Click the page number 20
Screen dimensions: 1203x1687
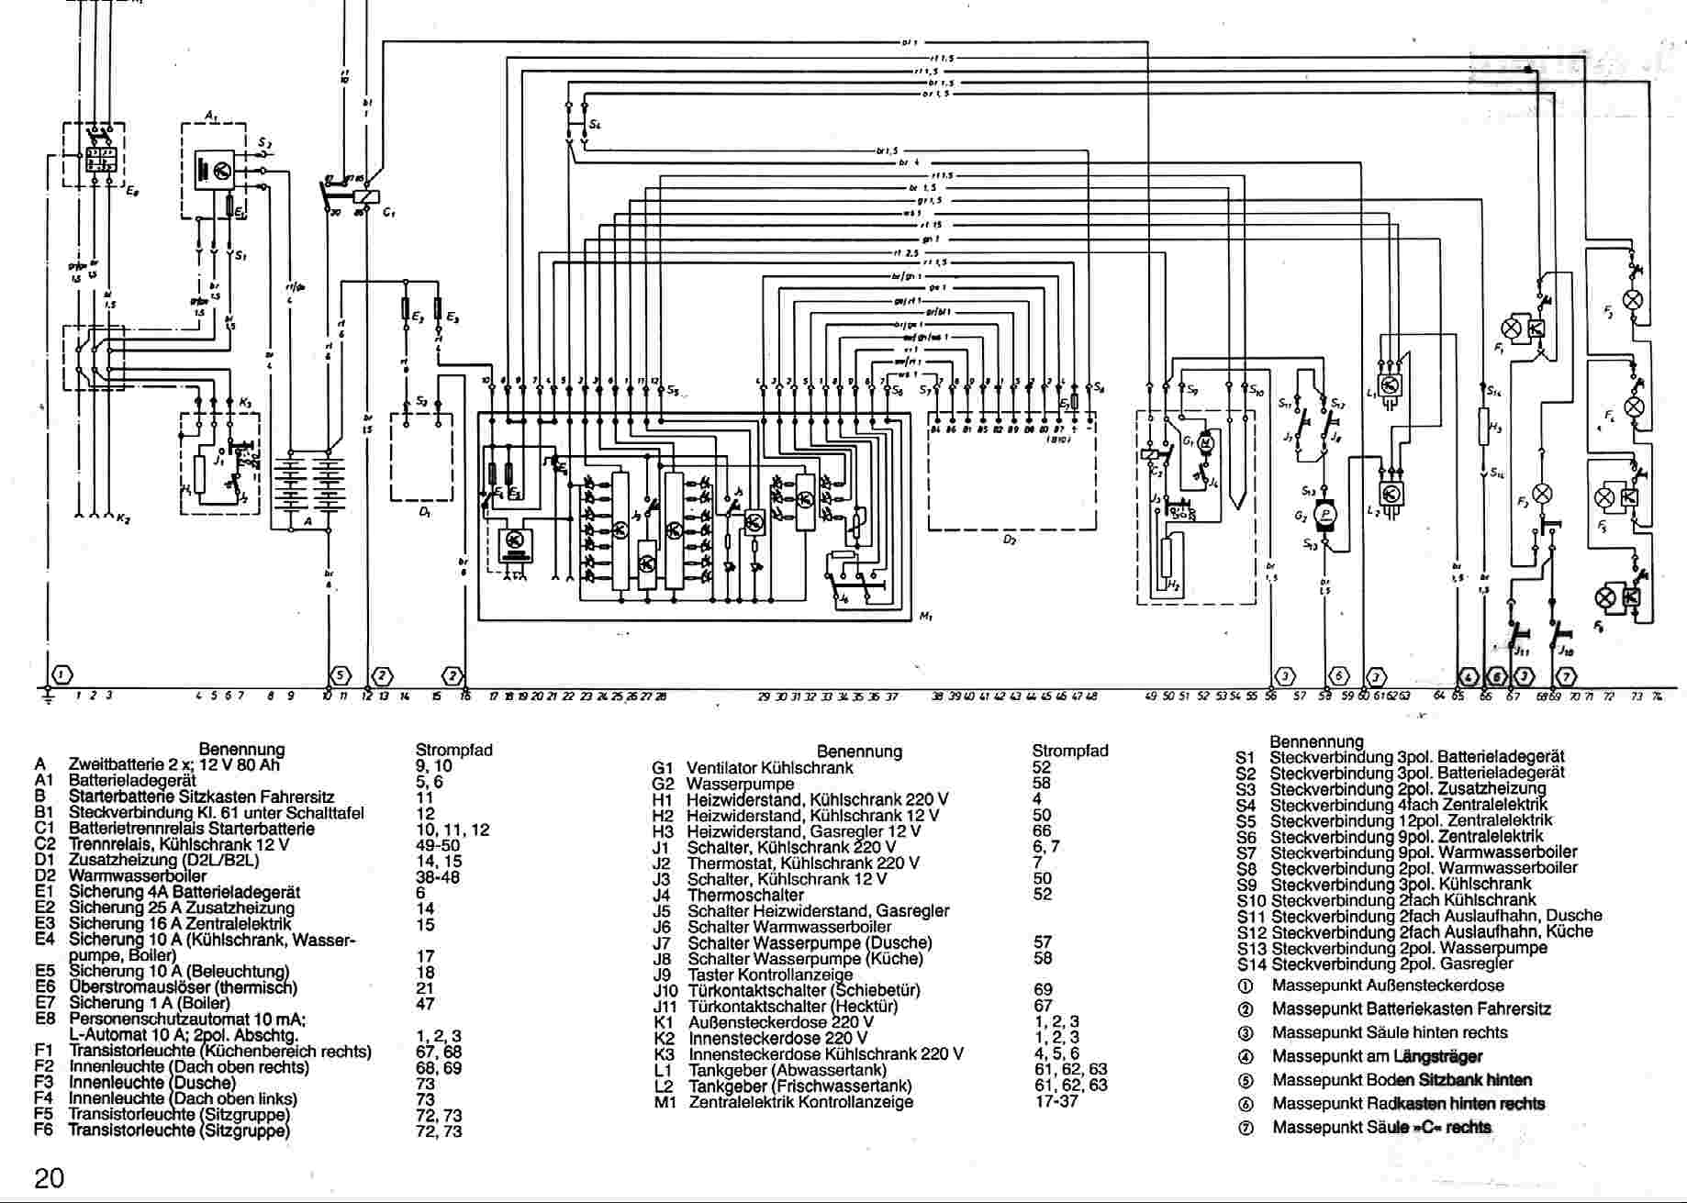click(49, 1177)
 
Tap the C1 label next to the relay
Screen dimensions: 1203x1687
click(389, 213)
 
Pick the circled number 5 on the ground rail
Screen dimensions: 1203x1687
click(341, 676)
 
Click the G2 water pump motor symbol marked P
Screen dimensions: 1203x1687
click(1324, 516)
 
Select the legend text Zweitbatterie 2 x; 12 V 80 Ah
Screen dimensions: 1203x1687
click(174, 765)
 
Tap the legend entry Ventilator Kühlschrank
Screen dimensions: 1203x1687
click(769, 768)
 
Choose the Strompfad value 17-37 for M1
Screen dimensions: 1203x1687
click(1056, 1101)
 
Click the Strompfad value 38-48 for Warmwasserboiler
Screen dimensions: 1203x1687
click(437, 876)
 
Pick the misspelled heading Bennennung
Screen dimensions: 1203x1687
click(1316, 741)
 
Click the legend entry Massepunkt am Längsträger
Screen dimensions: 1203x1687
click(1377, 1056)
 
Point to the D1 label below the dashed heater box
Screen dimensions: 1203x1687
click(424, 512)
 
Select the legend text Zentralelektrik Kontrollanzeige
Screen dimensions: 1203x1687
click(800, 1102)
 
